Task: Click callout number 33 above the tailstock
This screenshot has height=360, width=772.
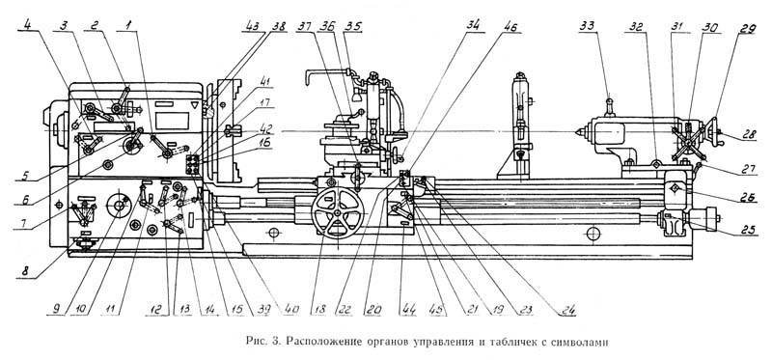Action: [x=589, y=26]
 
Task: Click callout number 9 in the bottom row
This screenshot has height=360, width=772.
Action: [x=56, y=310]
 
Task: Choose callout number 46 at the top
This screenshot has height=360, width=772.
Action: [x=510, y=26]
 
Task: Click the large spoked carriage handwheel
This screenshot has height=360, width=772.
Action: [x=338, y=212]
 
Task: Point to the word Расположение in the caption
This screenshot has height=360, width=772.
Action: [x=318, y=342]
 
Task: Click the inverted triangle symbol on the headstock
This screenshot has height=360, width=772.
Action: [x=195, y=105]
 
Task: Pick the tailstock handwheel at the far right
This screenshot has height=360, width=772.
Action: [x=711, y=131]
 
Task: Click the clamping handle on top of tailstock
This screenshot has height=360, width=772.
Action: [x=610, y=107]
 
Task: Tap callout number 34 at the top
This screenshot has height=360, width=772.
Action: [x=475, y=26]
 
